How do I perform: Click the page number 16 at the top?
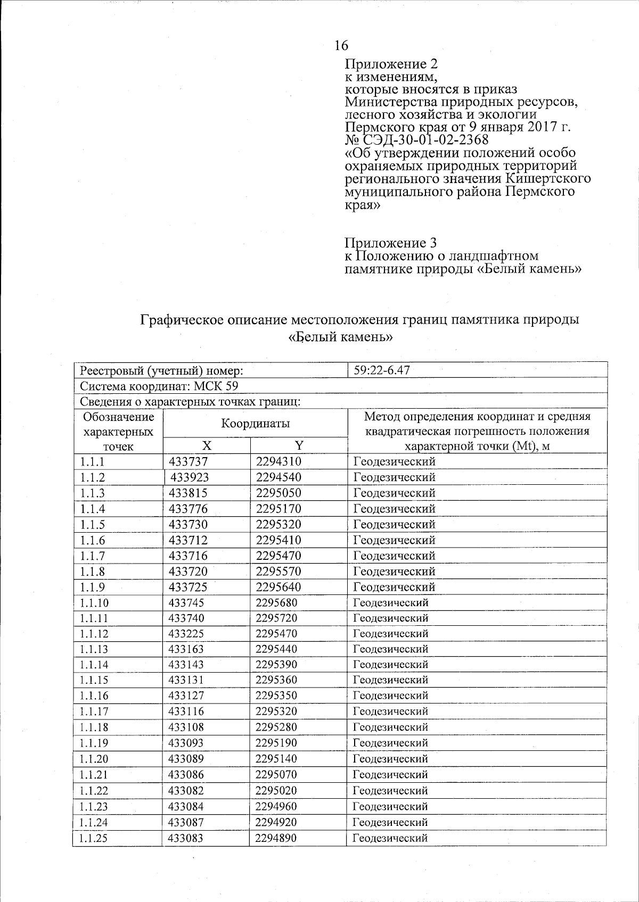point(341,46)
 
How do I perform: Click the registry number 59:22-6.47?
point(381,370)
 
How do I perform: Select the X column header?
point(207,446)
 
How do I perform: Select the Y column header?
point(299,445)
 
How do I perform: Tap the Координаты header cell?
point(256,424)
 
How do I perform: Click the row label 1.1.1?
point(92,461)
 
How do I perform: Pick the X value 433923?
point(190,477)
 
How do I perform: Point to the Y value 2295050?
point(278,493)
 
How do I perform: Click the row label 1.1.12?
point(94,634)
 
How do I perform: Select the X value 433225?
point(186,634)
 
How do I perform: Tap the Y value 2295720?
point(276,618)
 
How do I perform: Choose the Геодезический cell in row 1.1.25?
point(390,838)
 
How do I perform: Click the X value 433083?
point(186,838)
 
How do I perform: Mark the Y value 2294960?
point(276,806)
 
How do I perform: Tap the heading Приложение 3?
point(391,243)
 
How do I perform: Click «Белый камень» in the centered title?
point(340,337)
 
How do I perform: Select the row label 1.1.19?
point(94,743)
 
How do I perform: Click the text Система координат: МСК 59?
point(159,386)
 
